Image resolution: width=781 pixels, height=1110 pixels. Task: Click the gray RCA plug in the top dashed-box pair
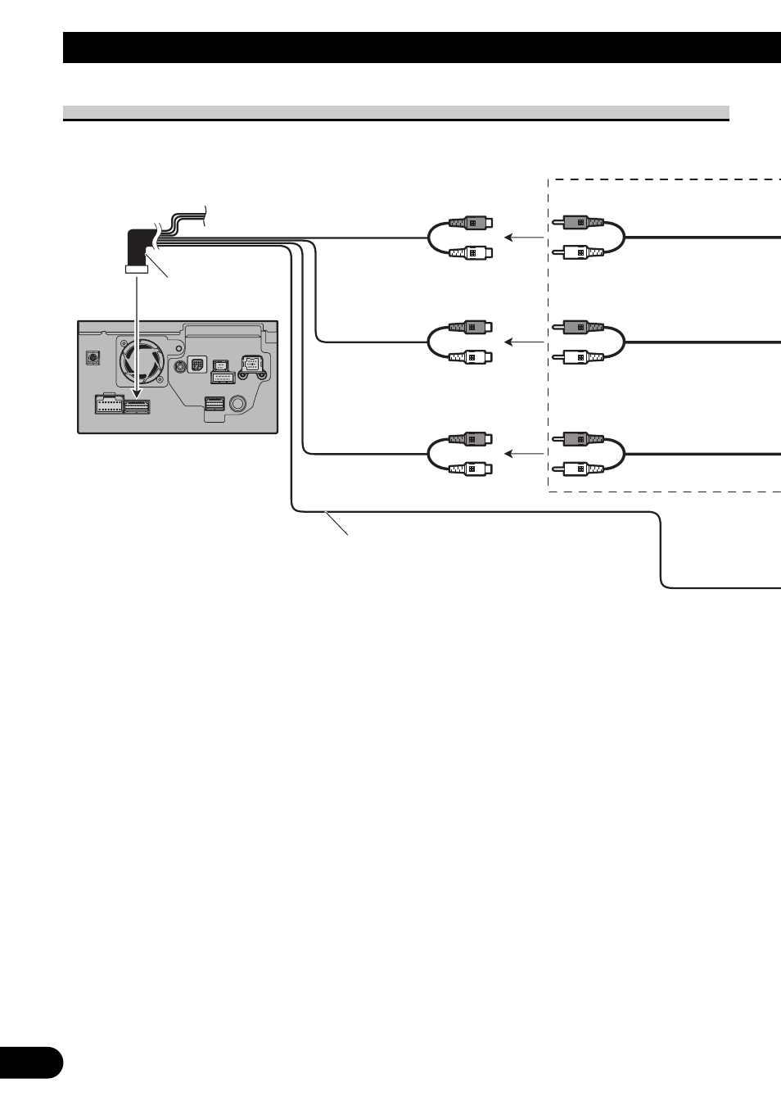pos(580,222)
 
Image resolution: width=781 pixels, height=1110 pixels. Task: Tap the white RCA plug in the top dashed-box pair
pos(580,252)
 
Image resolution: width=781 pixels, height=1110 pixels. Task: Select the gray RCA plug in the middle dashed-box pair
pos(580,327)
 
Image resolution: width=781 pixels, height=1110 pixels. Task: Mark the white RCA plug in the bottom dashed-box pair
pos(580,469)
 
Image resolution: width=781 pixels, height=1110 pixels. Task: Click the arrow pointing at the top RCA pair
pos(523,238)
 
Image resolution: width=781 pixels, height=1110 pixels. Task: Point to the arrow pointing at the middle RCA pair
pos(523,342)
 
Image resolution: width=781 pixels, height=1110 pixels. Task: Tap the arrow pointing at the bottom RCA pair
pos(523,453)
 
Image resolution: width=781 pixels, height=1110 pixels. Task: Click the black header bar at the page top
pos(422,48)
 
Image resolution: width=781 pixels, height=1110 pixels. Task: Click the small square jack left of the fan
pos(93,359)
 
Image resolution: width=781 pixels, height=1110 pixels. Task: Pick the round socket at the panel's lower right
pos(238,404)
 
